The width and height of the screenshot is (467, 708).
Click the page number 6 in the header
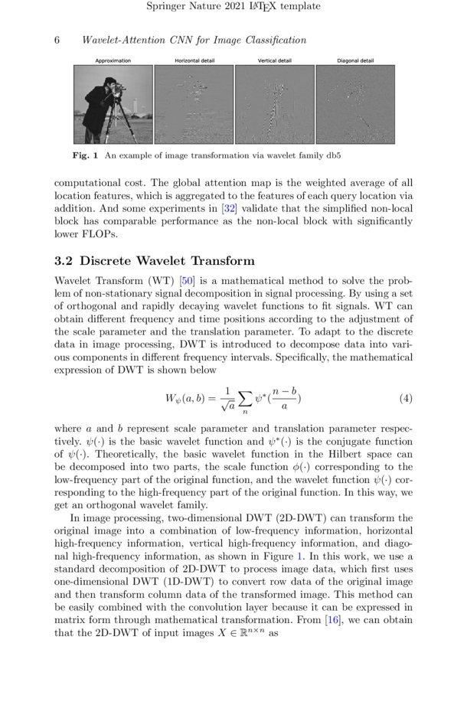pyautogui.click(x=57, y=40)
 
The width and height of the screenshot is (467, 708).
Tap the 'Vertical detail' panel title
pyautogui.click(x=274, y=60)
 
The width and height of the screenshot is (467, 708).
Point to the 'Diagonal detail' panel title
pyautogui.click(x=355, y=60)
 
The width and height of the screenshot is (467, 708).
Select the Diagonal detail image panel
pyautogui.click(x=355, y=104)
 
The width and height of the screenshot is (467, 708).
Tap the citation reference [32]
pyautogui.click(x=227, y=208)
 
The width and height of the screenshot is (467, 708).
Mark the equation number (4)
pyautogui.click(x=406, y=399)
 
